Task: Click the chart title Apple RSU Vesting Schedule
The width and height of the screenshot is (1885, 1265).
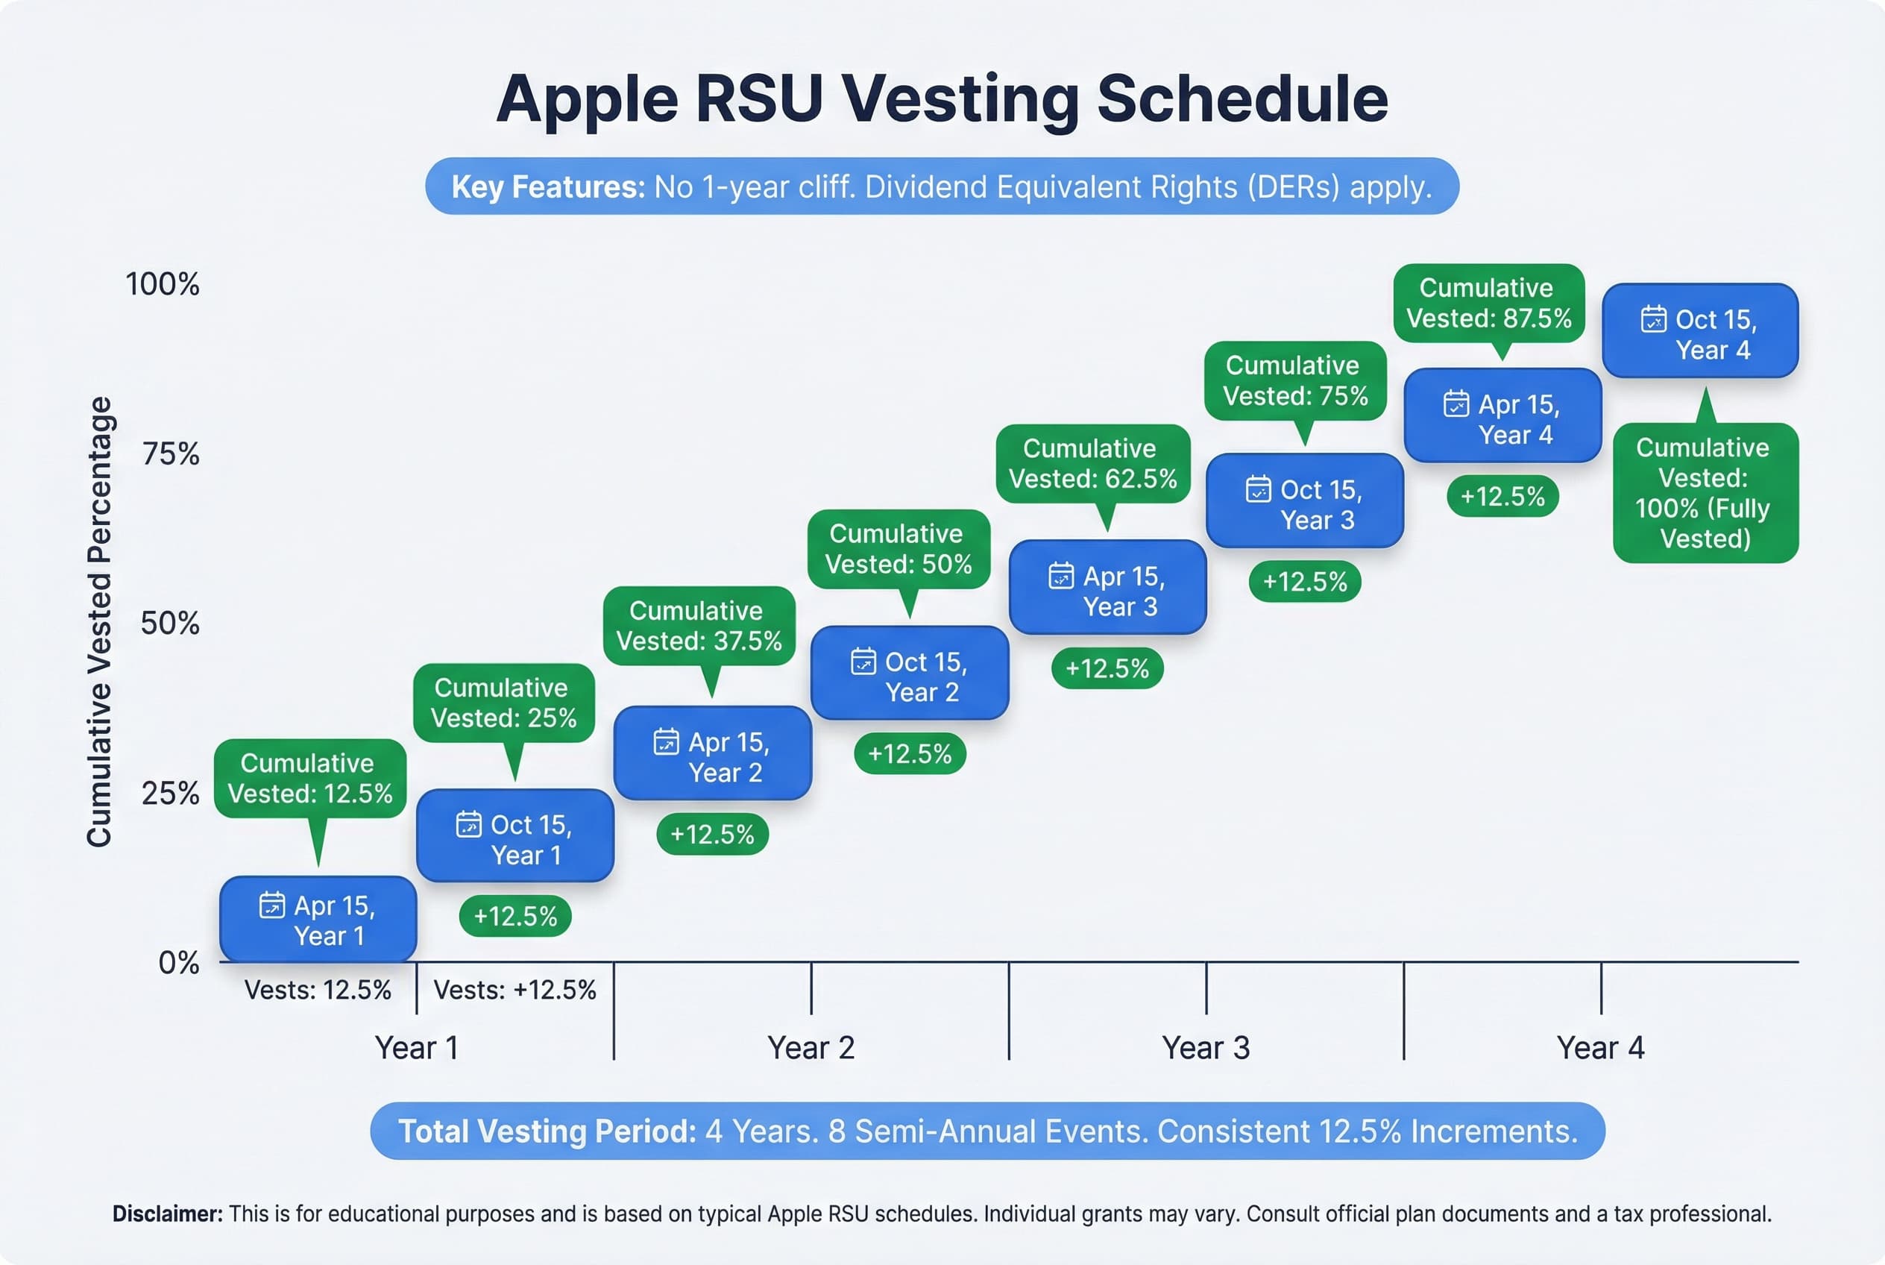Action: click(x=941, y=98)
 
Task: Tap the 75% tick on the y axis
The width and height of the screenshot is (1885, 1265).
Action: click(x=170, y=454)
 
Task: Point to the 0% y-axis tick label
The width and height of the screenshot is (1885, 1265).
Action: click(x=178, y=962)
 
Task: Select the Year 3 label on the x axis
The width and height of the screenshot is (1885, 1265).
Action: click(x=1205, y=1047)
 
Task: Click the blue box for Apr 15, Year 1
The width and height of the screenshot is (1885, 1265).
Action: click(x=318, y=920)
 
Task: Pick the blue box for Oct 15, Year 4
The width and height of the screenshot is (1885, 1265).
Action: click(x=1699, y=330)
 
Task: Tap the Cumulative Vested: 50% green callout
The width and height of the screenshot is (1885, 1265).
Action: click(x=898, y=549)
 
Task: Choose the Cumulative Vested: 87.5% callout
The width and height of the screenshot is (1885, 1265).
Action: click(x=1488, y=304)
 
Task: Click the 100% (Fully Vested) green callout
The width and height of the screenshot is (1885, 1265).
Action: click(x=1705, y=493)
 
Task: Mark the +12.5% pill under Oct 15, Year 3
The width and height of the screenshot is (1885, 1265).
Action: click(x=1304, y=582)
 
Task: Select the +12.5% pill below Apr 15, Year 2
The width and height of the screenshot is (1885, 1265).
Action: click(x=711, y=833)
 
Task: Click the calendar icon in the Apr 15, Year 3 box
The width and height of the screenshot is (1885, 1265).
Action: click(x=1060, y=576)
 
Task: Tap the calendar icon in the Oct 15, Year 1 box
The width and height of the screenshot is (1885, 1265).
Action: click(x=468, y=824)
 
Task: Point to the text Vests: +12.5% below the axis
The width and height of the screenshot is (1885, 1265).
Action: click(x=514, y=990)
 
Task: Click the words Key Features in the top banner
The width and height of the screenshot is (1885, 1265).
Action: click(x=547, y=187)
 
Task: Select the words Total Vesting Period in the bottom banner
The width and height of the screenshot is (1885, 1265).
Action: click(x=547, y=1131)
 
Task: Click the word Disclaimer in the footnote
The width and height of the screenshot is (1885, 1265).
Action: click(x=167, y=1214)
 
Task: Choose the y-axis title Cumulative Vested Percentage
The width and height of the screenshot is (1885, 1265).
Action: click(x=99, y=621)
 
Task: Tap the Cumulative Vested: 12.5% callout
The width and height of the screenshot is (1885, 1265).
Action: click(x=309, y=779)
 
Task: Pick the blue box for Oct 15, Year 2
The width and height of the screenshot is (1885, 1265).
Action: click(x=909, y=673)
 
